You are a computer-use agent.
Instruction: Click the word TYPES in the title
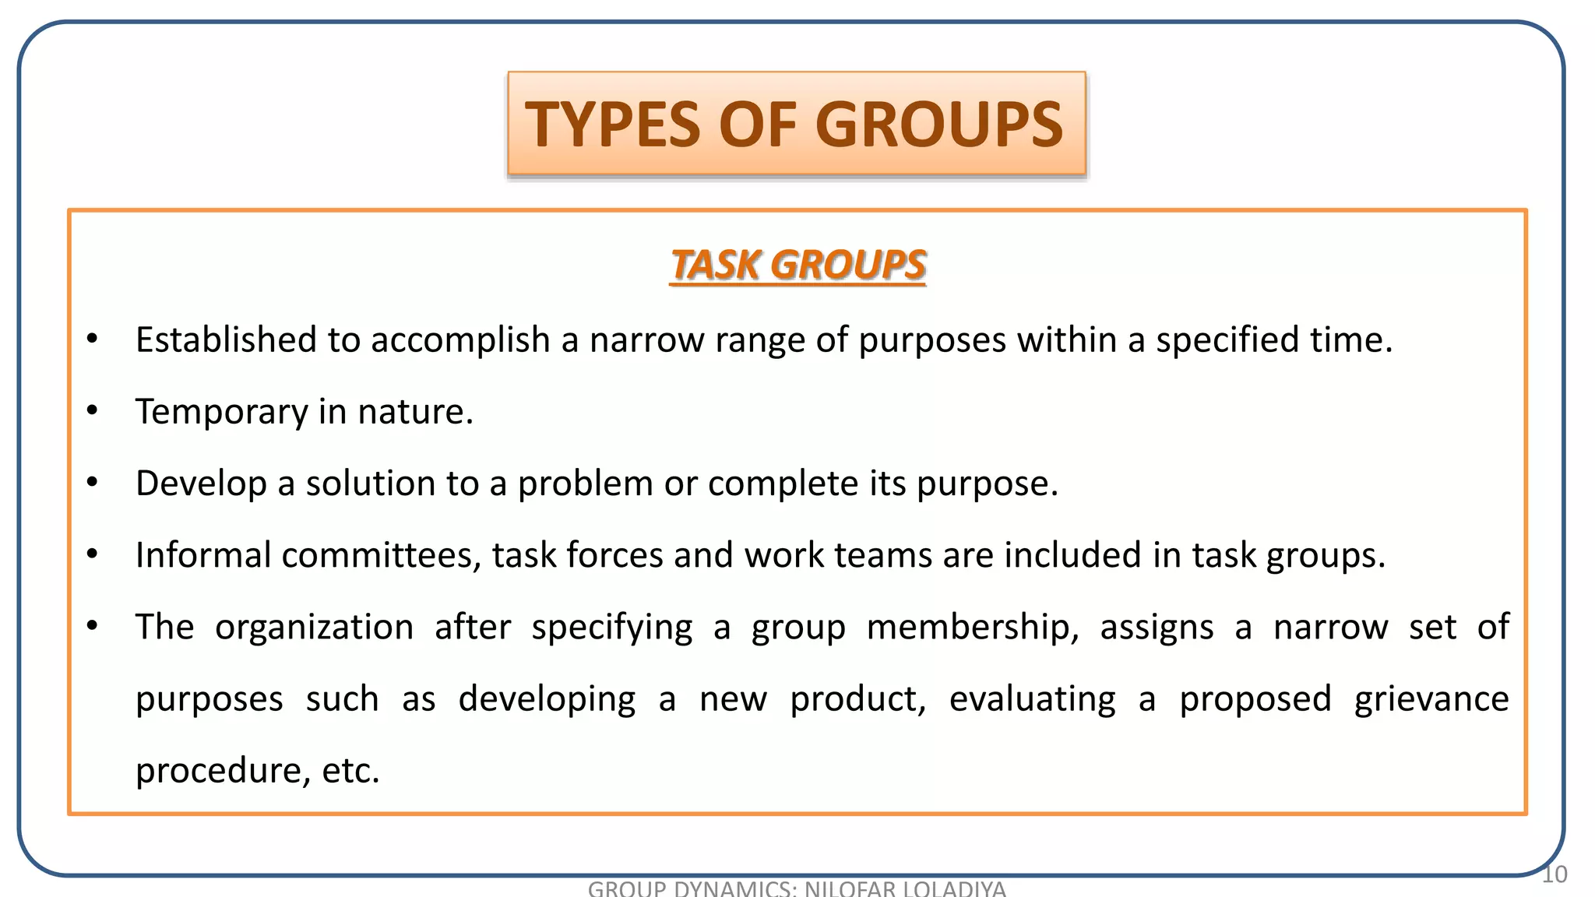click(x=612, y=125)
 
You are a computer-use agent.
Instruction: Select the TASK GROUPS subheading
click(x=797, y=265)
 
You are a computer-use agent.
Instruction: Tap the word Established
click(x=226, y=340)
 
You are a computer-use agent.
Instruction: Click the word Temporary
click(x=221, y=412)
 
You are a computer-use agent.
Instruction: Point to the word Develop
click(x=201, y=484)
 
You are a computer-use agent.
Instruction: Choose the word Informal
click(x=202, y=555)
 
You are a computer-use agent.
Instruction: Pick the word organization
click(x=314, y=628)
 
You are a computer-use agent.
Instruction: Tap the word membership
click(x=973, y=628)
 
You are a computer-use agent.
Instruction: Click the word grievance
click(x=1431, y=699)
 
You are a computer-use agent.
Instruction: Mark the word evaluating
click(x=1032, y=699)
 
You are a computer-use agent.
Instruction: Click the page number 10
click(x=1555, y=874)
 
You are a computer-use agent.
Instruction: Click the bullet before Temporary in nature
click(x=92, y=410)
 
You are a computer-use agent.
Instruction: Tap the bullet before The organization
click(x=92, y=625)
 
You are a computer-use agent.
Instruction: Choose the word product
click(x=857, y=699)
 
